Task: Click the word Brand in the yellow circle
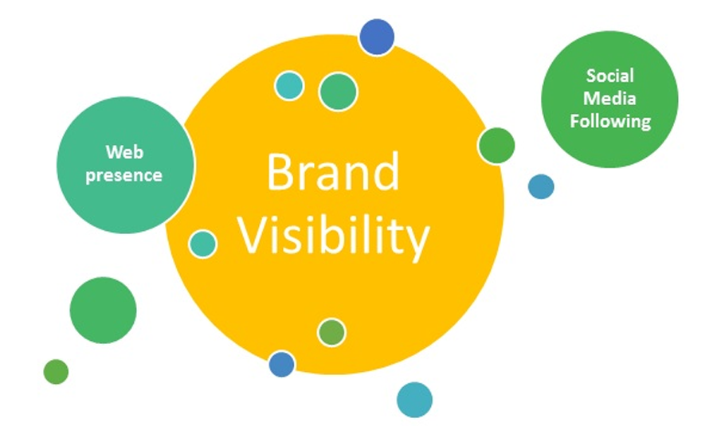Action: coord(333,173)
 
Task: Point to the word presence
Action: coord(125,174)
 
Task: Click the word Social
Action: coord(609,76)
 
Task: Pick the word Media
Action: coord(609,99)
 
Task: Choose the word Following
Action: coord(609,122)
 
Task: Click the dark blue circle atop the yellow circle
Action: coord(376,37)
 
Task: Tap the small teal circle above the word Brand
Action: coord(289,85)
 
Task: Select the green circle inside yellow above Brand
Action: coord(338,92)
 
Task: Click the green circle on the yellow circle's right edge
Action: coord(496,146)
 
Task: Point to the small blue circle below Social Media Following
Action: coord(541,186)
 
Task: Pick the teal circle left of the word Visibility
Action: coord(203,244)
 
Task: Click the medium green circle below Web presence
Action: coord(103,310)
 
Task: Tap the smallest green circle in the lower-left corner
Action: coord(56,371)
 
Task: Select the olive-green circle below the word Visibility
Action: coord(331,332)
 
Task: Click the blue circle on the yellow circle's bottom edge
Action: coord(281,364)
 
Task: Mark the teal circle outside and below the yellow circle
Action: coord(414,400)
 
